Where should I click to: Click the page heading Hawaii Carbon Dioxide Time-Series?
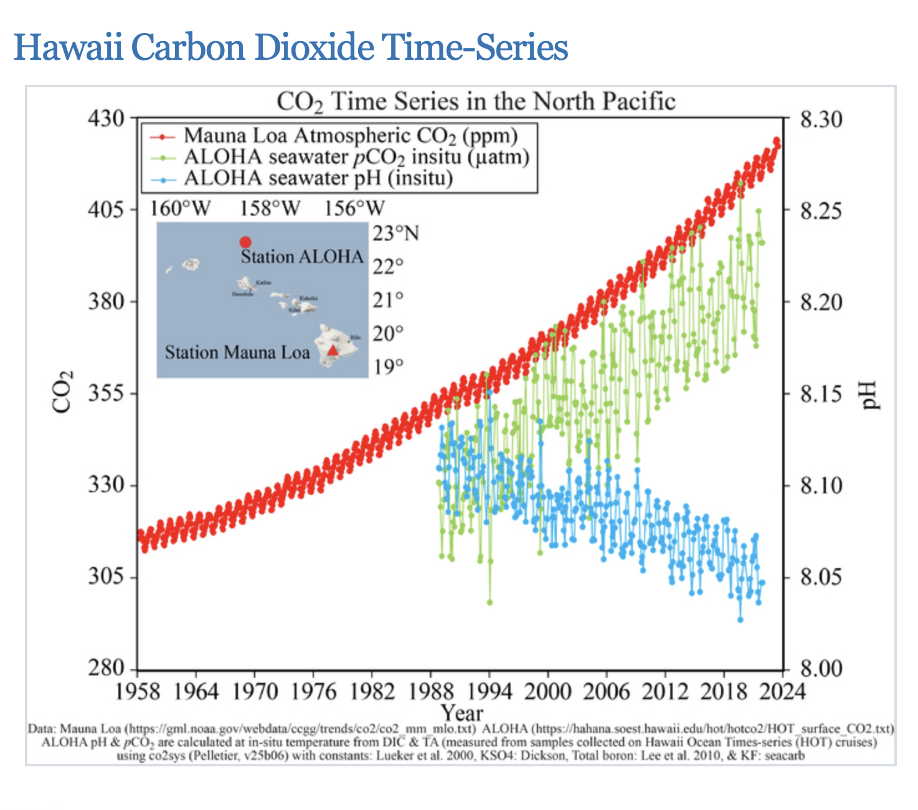coord(291,47)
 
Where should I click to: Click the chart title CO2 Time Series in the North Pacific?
coord(476,102)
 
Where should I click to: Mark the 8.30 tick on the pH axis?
coord(821,118)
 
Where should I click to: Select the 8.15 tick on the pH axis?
coord(821,394)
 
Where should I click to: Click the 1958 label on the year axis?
coord(138,692)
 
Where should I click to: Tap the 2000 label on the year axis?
coord(547,692)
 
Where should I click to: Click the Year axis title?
coord(461,712)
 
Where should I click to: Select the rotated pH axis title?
coord(869,395)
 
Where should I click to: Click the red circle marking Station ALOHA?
coord(245,242)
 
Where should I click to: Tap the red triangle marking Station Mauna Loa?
coord(333,350)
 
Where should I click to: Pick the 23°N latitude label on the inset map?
coord(396,234)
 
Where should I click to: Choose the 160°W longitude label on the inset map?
coord(180,208)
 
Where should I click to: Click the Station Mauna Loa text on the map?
coord(237,353)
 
